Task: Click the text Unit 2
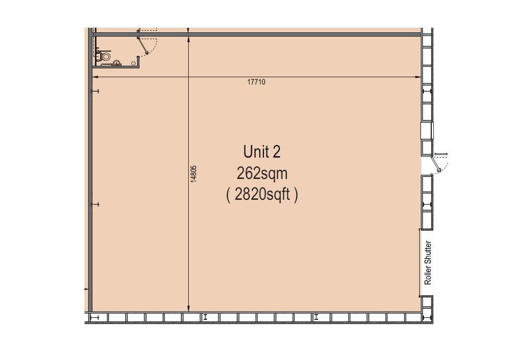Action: (x=262, y=152)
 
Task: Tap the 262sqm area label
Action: (x=262, y=174)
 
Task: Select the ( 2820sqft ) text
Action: (x=262, y=195)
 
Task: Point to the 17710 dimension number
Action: (x=256, y=82)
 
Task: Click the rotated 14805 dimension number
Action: (x=193, y=174)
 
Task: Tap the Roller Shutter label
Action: (x=428, y=262)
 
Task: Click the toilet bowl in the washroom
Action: (x=105, y=57)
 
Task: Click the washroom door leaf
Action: (x=143, y=45)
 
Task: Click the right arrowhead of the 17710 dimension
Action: (x=419, y=77)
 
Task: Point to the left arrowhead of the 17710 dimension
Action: (x=95, y=77)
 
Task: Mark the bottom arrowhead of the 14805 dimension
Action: (x=189, y=309)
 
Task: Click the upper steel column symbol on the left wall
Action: (x=95, y=91)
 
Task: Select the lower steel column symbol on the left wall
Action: (x=95, y=205)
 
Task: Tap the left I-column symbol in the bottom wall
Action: (x=205, y=317)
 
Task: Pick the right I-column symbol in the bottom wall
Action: (x=316, y=317)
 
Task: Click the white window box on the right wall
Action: (x=427, y=130)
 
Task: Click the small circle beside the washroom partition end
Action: (x=133, y=63)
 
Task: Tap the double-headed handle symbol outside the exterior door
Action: (x=441, y=154)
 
